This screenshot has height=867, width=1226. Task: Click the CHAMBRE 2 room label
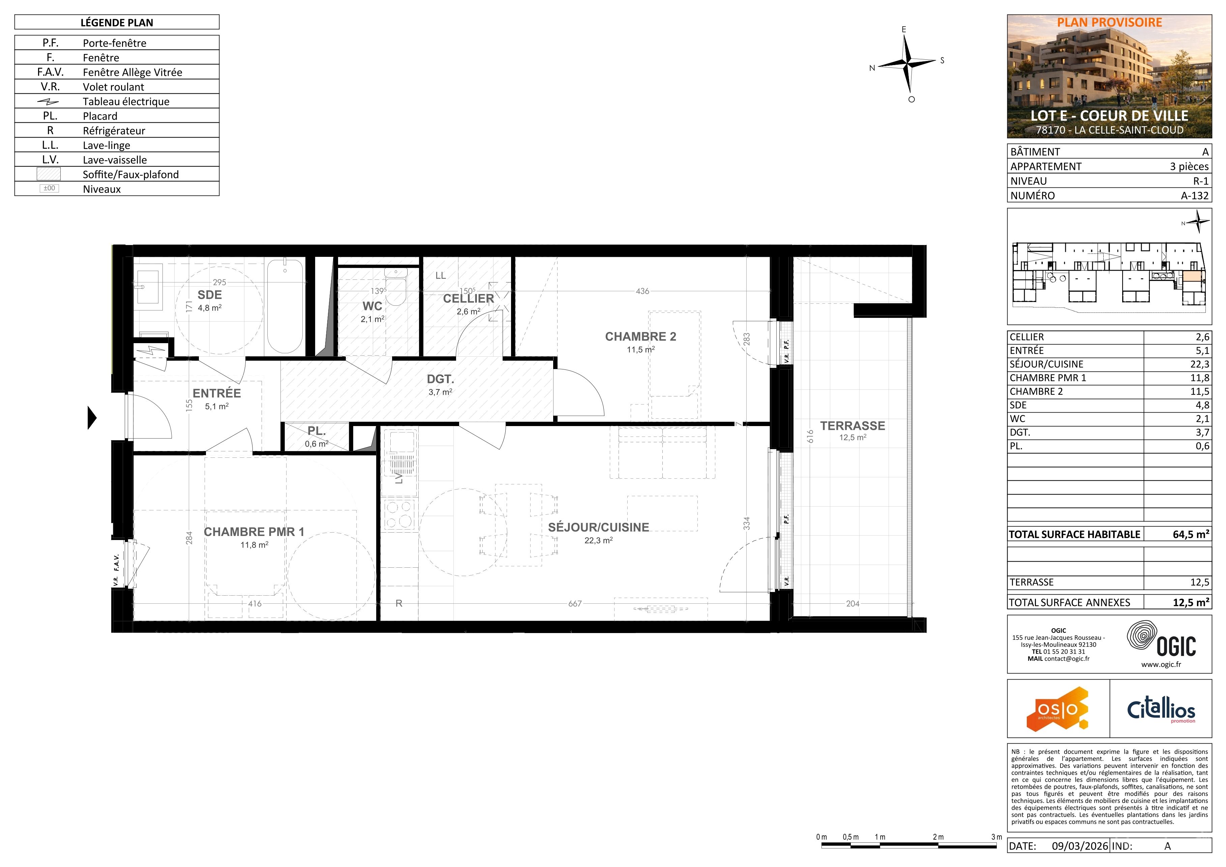640,336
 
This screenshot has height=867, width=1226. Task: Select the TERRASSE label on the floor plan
853,425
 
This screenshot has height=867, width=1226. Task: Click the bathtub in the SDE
285,306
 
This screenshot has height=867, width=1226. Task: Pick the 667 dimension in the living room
574,604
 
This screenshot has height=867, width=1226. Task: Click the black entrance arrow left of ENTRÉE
92,417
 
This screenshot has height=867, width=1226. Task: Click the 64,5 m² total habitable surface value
1191,534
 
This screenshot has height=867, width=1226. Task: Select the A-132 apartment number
1195,196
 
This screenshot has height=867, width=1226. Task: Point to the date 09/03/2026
1080,846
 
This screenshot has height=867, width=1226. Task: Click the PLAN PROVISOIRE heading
1110,23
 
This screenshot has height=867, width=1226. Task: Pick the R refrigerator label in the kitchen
399,603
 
